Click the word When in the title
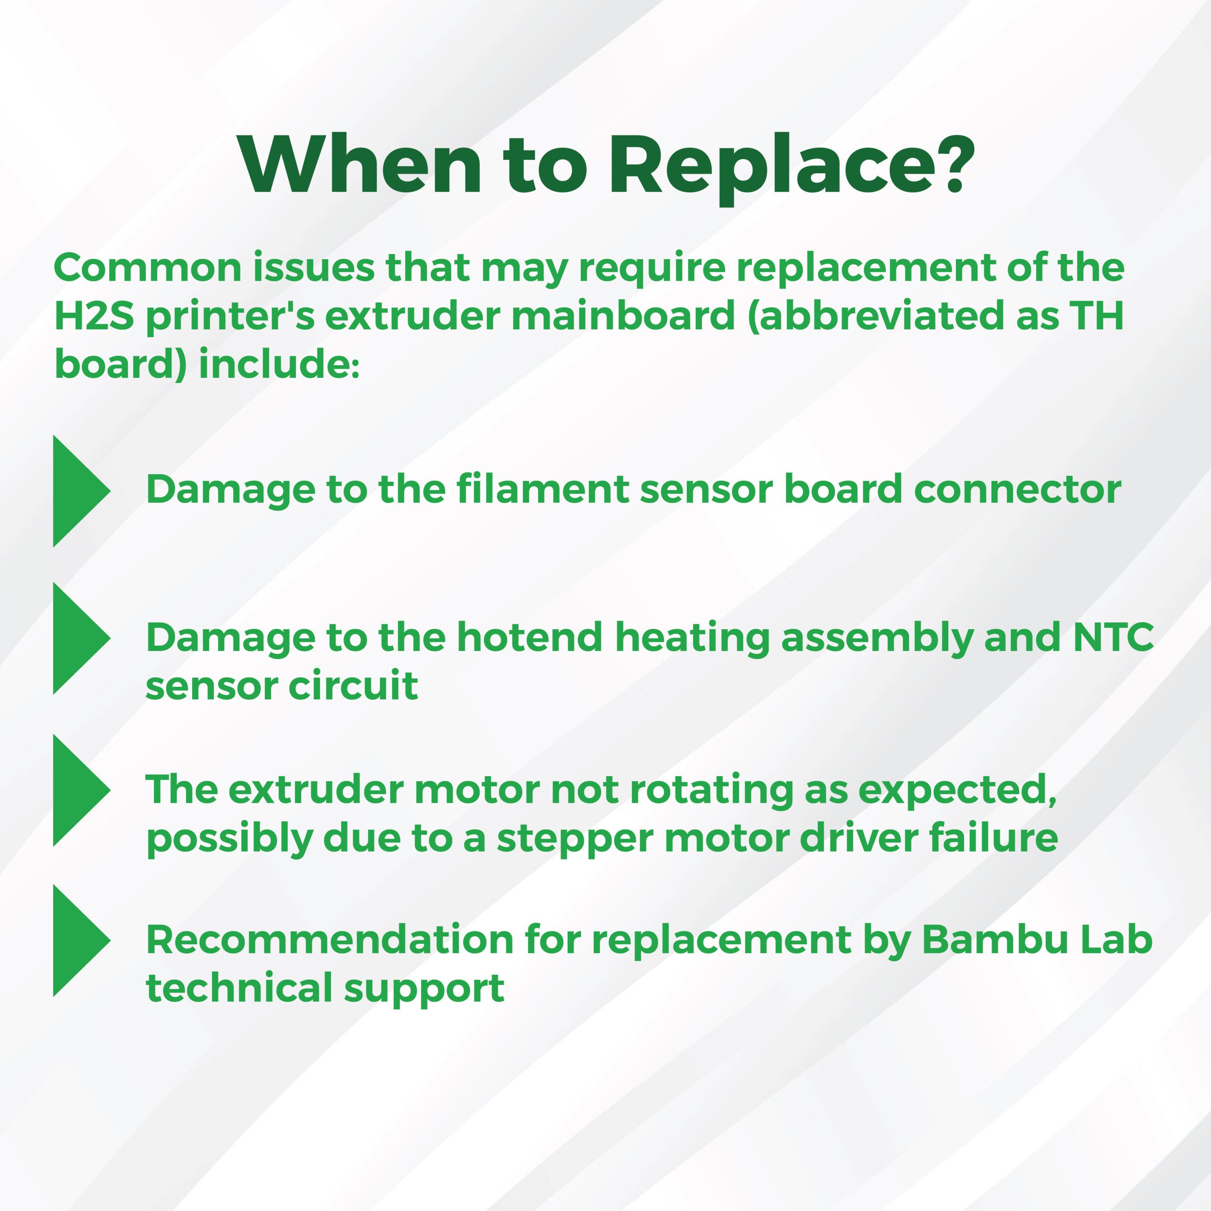360,162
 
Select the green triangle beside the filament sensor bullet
81,491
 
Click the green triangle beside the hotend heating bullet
81,638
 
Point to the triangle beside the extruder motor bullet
81,790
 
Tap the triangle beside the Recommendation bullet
81,940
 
